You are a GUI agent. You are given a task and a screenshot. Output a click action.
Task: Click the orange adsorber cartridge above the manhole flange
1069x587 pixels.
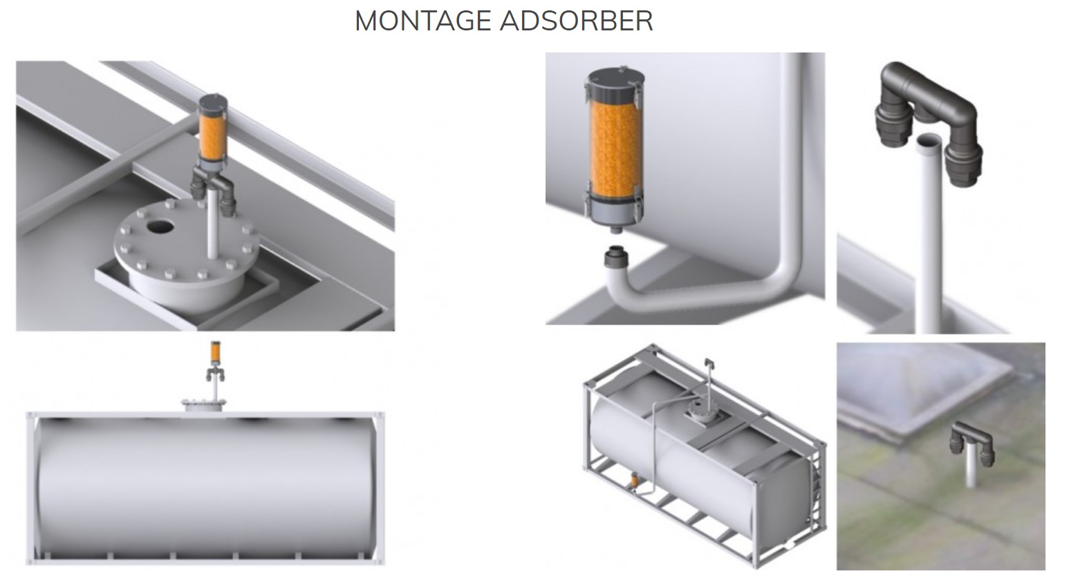point(213,137)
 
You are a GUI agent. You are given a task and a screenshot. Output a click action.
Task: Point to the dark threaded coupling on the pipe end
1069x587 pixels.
point(616,258)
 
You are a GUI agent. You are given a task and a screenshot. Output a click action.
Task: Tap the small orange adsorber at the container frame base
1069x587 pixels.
point(634,480)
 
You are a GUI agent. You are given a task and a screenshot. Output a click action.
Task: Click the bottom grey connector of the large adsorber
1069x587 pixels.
point(615,214)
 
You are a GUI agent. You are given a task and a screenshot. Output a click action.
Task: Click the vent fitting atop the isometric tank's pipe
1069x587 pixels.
point(709,365)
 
